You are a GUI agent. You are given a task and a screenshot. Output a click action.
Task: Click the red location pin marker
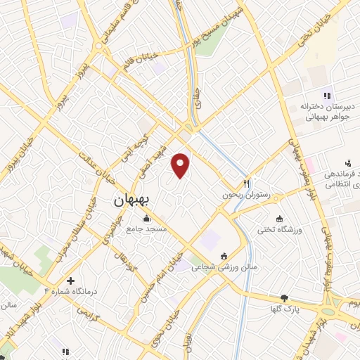point(181,165)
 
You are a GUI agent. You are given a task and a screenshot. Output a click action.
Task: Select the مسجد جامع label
point(146,229)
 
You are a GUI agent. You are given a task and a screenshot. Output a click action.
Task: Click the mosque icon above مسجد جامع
point(146,217)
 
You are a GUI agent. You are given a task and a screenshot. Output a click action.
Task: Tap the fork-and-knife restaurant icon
point(247,184)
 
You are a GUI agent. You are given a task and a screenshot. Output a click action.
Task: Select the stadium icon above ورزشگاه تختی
point(281,217)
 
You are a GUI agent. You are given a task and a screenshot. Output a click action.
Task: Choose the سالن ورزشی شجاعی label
point(224,267)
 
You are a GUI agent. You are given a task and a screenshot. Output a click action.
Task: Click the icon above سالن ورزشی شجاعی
point(224,255)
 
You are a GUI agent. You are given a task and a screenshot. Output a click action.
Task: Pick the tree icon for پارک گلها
point(284,298)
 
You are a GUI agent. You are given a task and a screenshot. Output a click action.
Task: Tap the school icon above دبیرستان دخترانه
point(326,96)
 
